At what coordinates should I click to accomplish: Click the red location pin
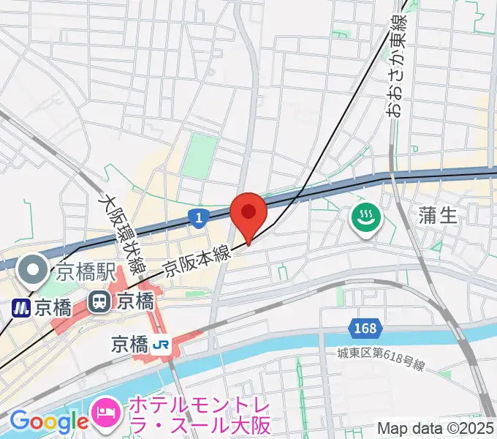coord(248,213)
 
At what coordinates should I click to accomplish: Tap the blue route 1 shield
coord(197,217)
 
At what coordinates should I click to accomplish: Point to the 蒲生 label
coord(436,215)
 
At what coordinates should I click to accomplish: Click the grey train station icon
coord(97,301)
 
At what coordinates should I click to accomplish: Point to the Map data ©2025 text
coord(434,427)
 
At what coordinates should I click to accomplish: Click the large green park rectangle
coord(200,155)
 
